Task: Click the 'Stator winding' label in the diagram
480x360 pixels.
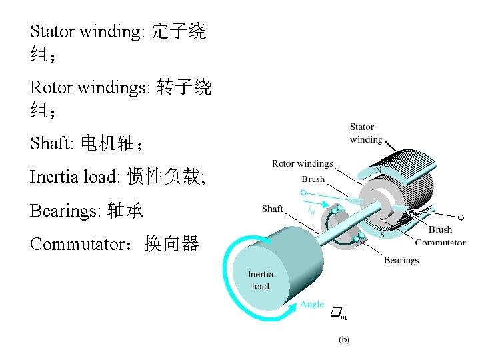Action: click(366, 133)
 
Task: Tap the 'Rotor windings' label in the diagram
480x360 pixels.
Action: click(302, 163)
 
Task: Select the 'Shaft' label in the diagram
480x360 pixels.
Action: click(272, 209)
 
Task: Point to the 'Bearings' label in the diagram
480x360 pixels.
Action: click(401, 260)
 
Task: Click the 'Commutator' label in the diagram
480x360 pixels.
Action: click(440, 243)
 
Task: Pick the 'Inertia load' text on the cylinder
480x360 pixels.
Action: click(261, 280)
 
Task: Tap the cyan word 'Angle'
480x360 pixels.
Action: click(312, 305)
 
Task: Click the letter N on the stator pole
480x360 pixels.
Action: click(379, 171)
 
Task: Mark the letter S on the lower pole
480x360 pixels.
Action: click(382, 234)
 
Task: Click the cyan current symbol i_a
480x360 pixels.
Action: click(311, 209)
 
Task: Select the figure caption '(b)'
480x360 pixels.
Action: click(344, 339)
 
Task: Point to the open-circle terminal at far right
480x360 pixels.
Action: click(460, 217)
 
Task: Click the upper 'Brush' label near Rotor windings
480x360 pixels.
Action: click(313, 179)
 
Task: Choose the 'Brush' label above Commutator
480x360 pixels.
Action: click(441, 230)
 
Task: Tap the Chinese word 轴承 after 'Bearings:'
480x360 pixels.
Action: click(125, 211)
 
